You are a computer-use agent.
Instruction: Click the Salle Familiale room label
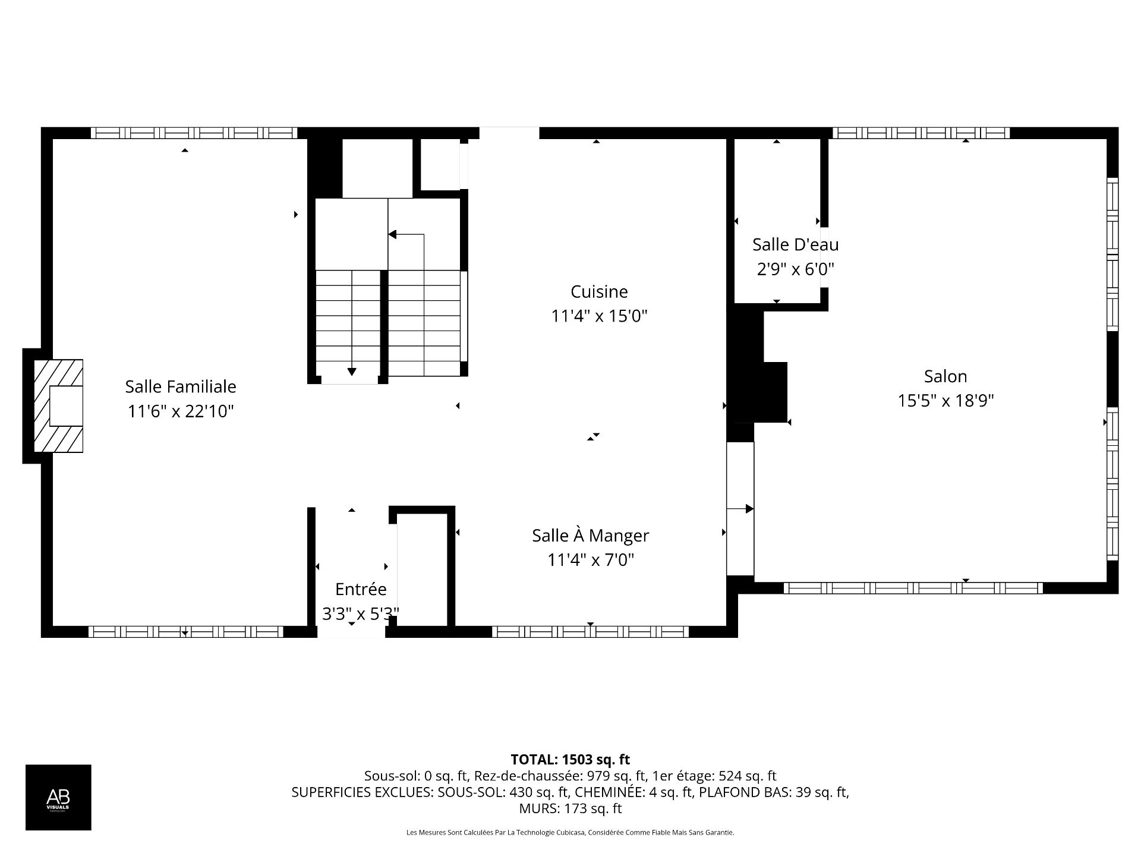click(180, 386)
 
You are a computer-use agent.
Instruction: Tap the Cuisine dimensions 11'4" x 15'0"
click(598, 316)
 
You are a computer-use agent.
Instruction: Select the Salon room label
click(945, 376)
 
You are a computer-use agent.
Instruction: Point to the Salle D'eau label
click(795, 244)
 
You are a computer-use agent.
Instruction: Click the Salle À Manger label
click(590, 536)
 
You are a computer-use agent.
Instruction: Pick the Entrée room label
click(361, 589)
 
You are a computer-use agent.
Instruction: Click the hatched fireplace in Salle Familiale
click(58, 406)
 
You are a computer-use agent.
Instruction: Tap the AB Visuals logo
click(58, 797)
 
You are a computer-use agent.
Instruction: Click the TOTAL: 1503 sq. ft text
click(570, 759)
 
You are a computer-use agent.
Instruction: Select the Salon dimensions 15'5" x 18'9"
click(945, 401)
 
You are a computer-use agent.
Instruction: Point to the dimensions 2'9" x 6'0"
click(795, 269)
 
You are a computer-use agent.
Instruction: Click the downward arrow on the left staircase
click(352, 371)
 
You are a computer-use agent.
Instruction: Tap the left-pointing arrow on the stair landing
click(393, 235)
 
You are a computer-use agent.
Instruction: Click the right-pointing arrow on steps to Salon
click(749, 509)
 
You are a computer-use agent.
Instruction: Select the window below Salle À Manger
click(590, 632)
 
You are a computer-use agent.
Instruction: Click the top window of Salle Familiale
click(194, 133)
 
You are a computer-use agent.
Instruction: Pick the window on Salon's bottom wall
click(913, 588)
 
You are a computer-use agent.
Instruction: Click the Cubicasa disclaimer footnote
click(570, 833)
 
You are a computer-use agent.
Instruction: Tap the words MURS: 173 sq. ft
click(570, 808)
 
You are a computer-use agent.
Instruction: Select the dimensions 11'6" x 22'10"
click(180, 411)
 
